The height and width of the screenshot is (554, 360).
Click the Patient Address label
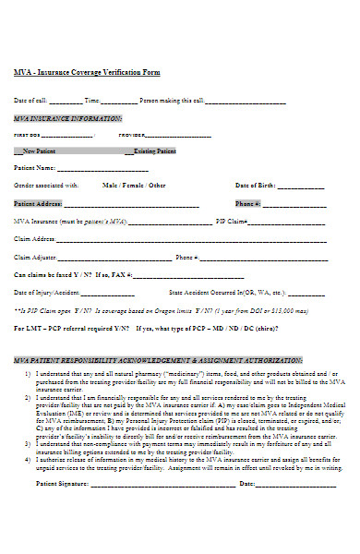[x=38, y=203]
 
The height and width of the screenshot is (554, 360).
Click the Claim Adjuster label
[x=36, y=257]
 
